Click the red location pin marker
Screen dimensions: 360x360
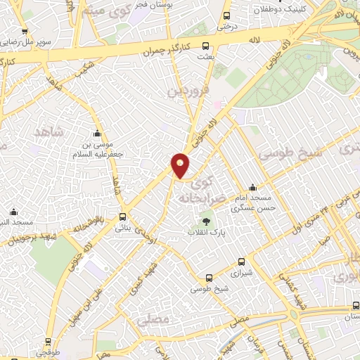click(x=181, y=166)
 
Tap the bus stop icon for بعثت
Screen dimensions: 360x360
click(x=205, y=46)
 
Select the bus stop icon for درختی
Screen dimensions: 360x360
click(x=226, y=15)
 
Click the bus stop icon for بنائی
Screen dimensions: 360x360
click(x=123, y=217)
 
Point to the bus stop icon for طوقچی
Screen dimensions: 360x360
click(x=48, y=342)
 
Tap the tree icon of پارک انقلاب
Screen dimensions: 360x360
click(x=206, y=221)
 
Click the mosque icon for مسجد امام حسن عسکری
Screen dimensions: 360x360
click(x=253, y=188)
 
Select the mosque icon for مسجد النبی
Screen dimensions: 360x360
click(x=13, y=212)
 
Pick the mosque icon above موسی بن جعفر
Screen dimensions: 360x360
click(x=98, y=134)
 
